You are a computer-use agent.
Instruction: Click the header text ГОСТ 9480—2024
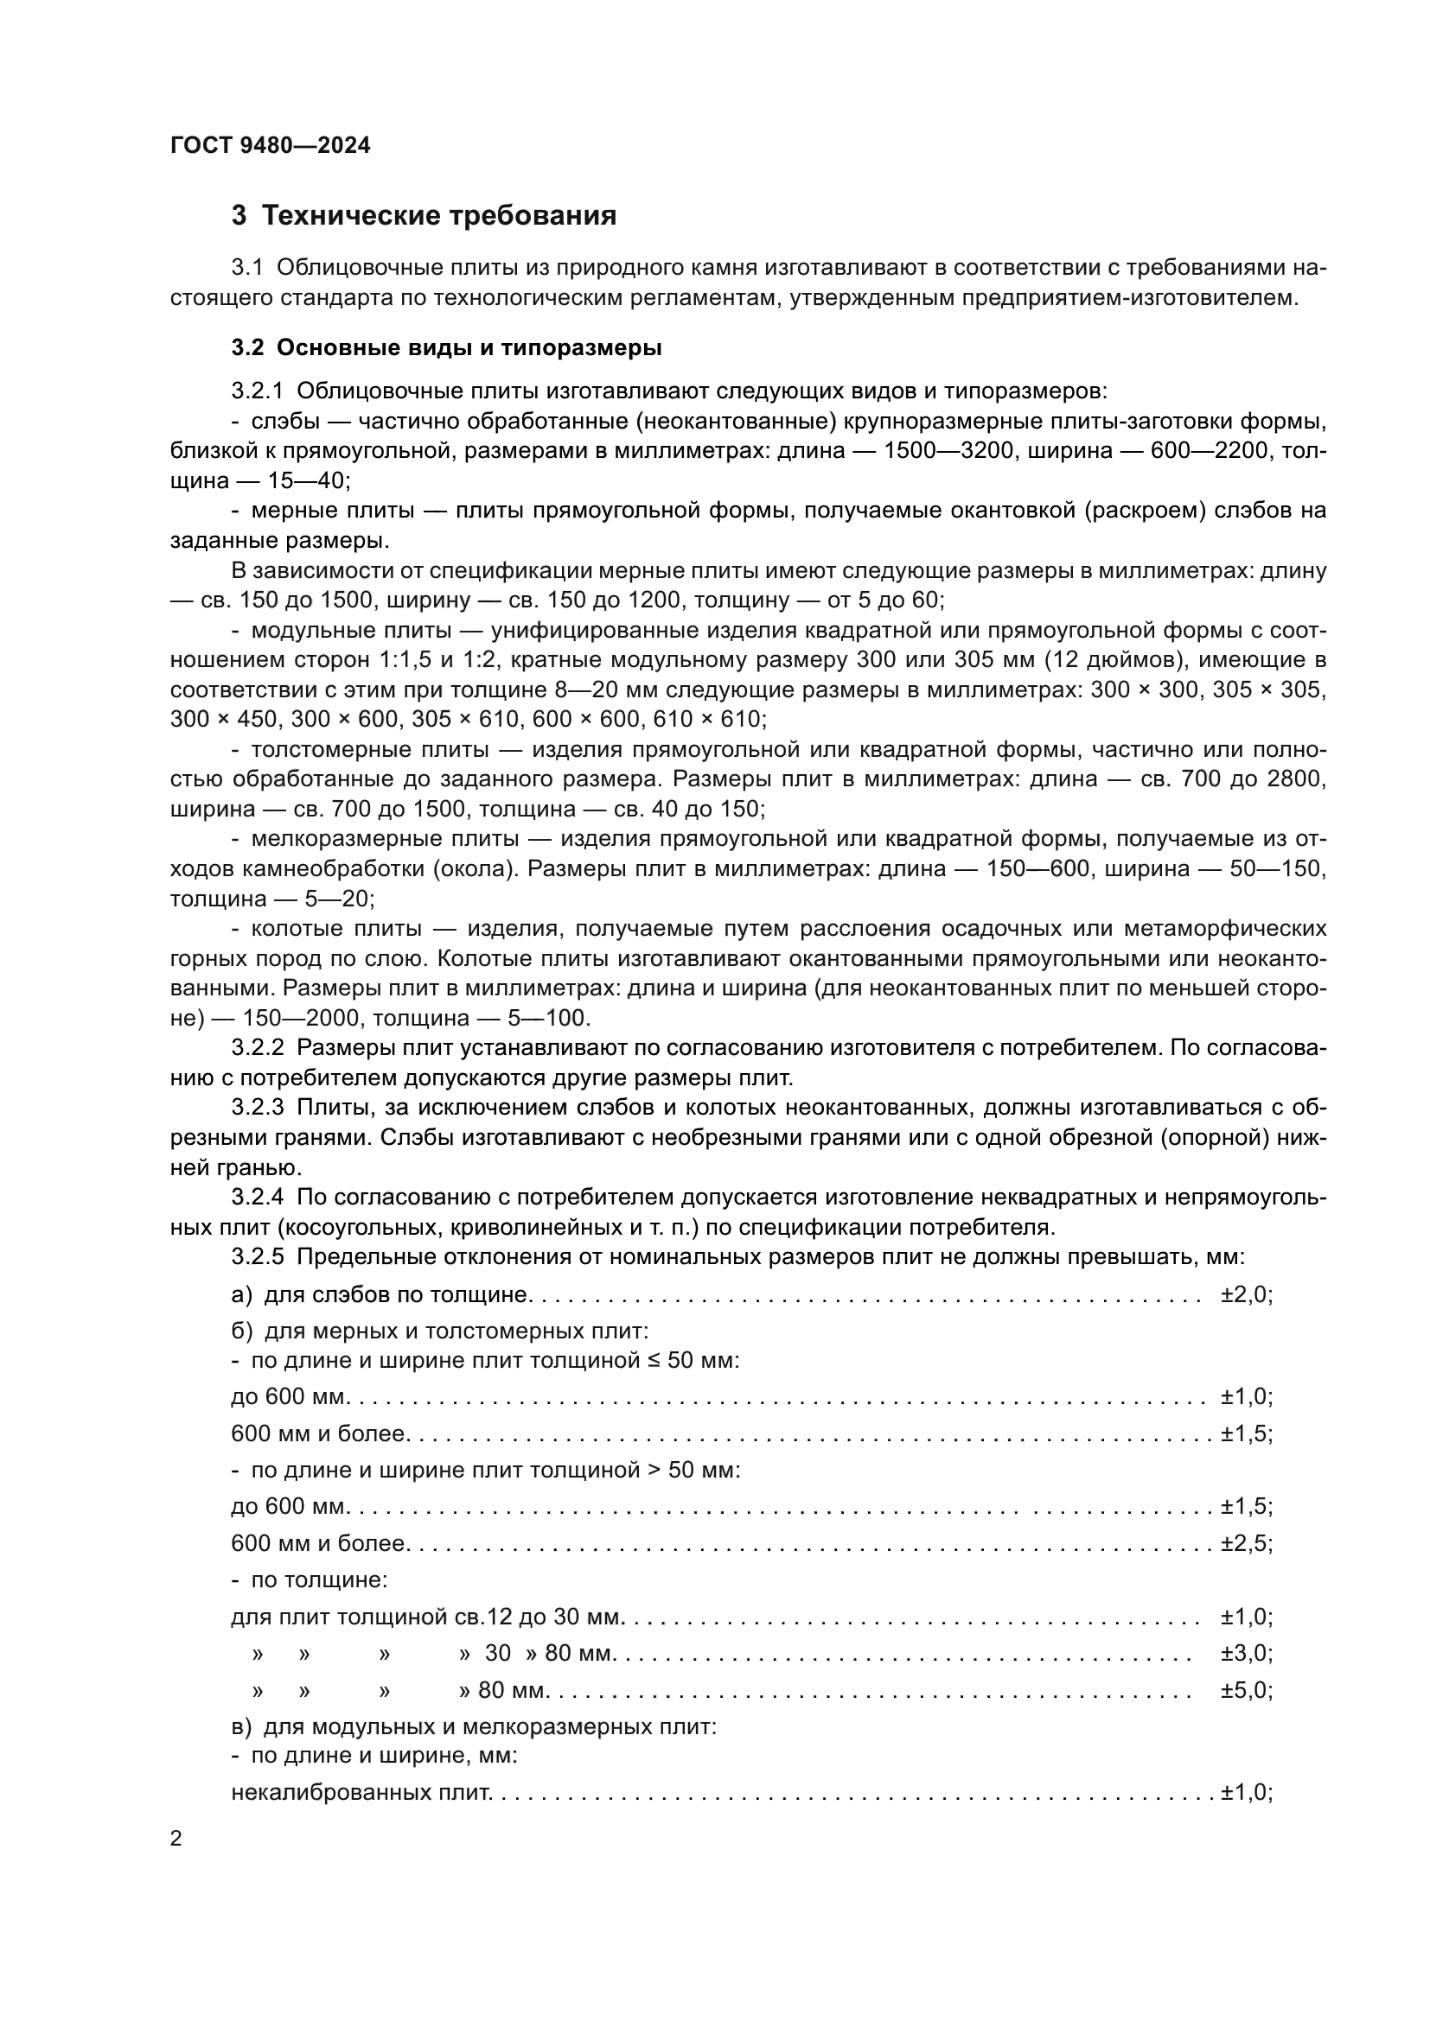(271, 145)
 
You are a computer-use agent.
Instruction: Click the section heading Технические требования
(424, 216)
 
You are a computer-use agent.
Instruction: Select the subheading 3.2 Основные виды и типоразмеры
(446, 347)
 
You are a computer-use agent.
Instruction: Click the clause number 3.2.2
(257, 1047)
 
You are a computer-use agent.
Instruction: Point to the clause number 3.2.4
(257, 1197)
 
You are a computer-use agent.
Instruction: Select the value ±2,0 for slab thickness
(1245, 1295)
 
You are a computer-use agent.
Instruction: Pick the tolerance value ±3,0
(1245, 1653)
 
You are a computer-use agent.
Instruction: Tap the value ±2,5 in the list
(1245, 1543)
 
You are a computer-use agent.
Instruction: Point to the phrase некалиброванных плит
(361, 1792)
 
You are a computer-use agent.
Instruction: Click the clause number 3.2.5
(257, 1256)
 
